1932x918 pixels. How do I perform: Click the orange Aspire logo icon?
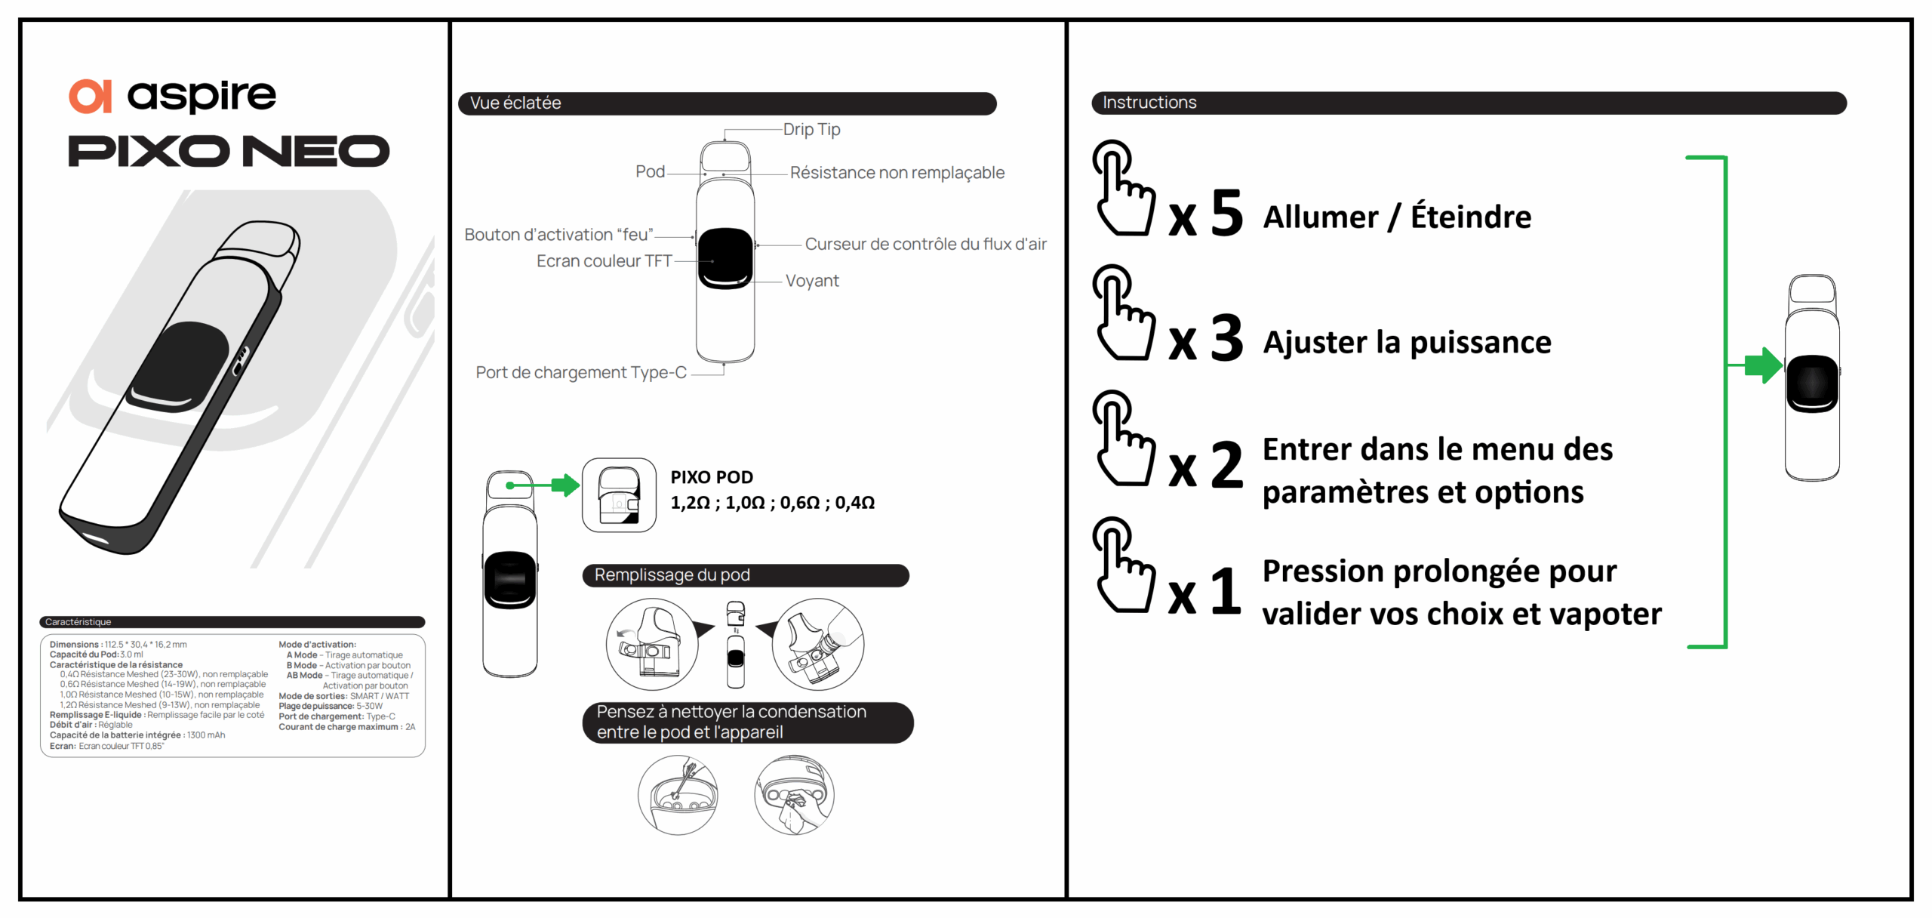[x=91, y=97]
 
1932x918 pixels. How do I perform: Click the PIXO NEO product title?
[x=229, y=151]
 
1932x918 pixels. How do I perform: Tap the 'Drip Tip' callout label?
[x=811, y=129]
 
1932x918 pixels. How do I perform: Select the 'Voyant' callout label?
[x=812, y=281]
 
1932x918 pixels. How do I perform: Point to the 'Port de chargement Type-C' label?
[x=581, y=372]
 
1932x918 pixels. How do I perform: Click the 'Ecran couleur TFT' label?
[x=604, y=261]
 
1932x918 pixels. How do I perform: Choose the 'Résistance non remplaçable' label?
[x=897, y=173]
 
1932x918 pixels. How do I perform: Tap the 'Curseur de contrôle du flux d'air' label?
[x=925, y=244]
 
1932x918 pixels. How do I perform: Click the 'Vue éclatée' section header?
[x=515, y=103]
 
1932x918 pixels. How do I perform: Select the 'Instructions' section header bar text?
[x=1149, y=103]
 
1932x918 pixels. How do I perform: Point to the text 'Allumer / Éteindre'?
[x=1397, y=217]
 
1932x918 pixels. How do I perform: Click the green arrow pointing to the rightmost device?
[x=1761, y=365]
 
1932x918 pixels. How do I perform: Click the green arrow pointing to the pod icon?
[x=564, y=485]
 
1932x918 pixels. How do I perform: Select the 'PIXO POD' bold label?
[x=712, y=477]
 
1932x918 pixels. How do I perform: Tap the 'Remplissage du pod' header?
[x=672, y=575]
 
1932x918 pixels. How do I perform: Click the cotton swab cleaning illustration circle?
[x=678, y=795]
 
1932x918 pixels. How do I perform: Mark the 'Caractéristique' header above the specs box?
[x=78, y=622]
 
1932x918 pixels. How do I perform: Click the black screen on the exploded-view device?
[x=725, y=258]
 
